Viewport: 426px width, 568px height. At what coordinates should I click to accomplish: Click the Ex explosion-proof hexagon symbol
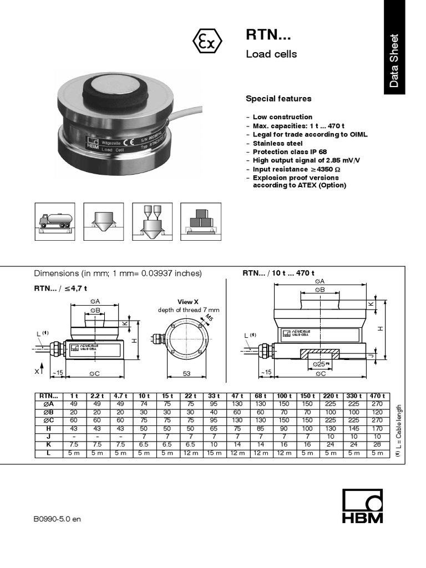coord(207,41)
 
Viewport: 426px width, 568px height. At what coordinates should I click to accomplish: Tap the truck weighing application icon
coord(54,221)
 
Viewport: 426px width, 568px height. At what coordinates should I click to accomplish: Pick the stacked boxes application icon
coord(201,221)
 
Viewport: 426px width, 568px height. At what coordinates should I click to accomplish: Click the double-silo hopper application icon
coord(152,221)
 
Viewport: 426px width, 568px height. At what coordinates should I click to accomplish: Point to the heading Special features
coord(278,99)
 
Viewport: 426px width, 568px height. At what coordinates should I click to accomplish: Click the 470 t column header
coord(377,395)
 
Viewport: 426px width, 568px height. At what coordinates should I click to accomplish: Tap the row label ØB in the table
coord(48,412)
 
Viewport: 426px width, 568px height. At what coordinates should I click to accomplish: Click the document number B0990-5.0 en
coord(57,519)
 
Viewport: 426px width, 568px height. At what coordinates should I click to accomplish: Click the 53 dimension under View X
coord(186,373)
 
